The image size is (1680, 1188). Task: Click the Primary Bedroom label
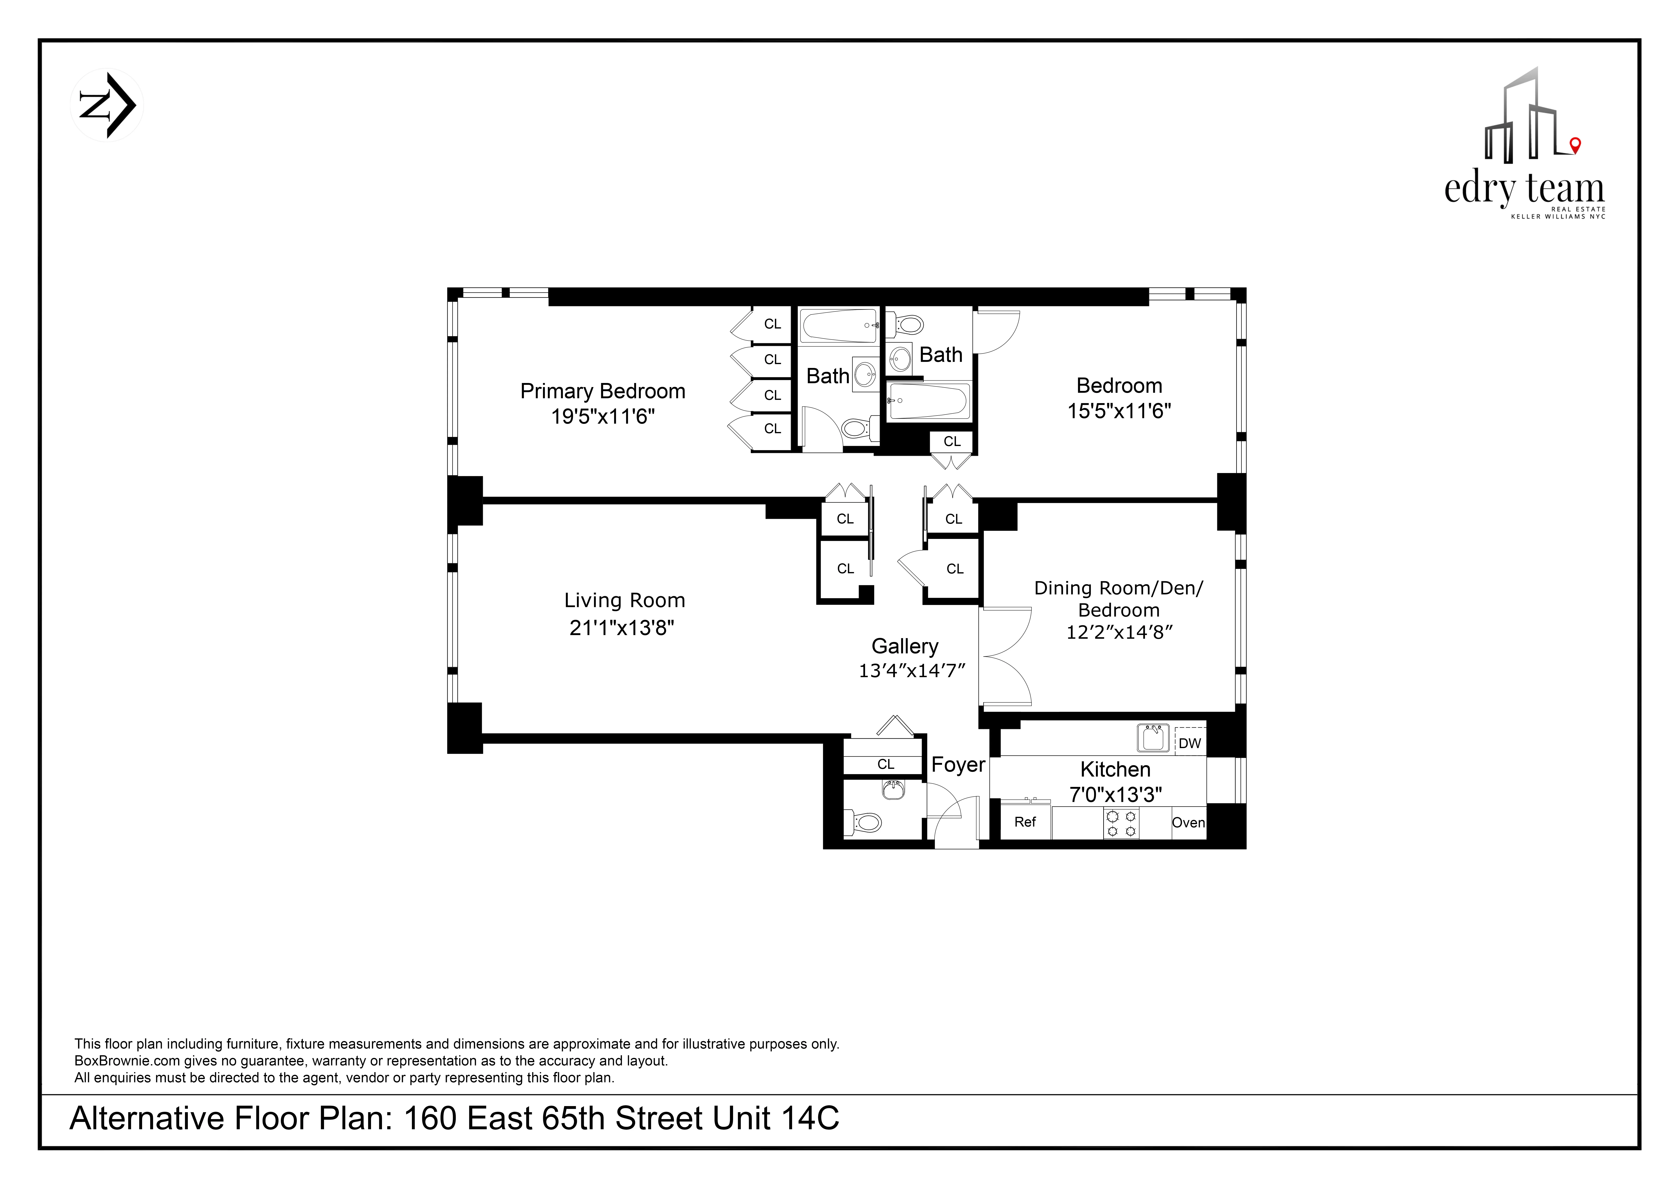pyautogui.click(x=602, y=391)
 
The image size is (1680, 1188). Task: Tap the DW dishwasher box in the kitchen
pyautogui.click(x=1190, y=743)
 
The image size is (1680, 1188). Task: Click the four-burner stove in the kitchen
pyautogui.click(x=1121, y=822)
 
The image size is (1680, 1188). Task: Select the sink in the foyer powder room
pyautogui.click(x=892, y=790)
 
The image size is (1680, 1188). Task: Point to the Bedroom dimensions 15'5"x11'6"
pyautogui.click(x=1119, y=411)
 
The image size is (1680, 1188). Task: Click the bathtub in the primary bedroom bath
pyautogui.click(x=839, y=325)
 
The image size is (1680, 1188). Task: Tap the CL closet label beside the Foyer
pyautogui.click(x=885, y=764)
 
